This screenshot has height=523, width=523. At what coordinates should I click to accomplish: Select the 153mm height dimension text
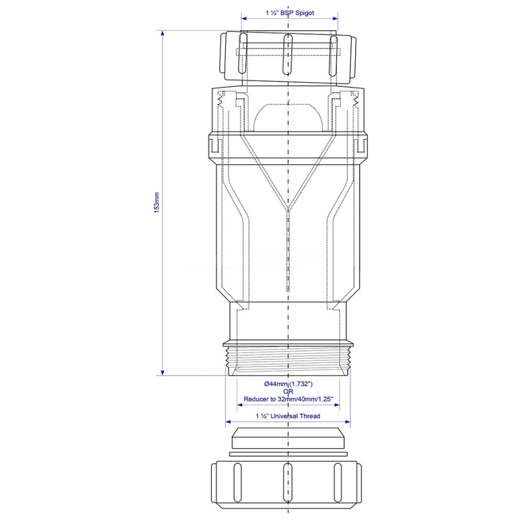pos(156,202)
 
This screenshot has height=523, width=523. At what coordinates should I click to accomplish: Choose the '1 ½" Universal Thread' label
pos(287,416)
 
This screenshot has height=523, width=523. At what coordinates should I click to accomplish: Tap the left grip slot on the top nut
pos(243,54)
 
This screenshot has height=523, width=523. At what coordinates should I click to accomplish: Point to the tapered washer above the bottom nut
pos(289,438)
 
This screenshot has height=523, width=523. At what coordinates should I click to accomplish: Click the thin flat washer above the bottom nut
pos(289,453)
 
